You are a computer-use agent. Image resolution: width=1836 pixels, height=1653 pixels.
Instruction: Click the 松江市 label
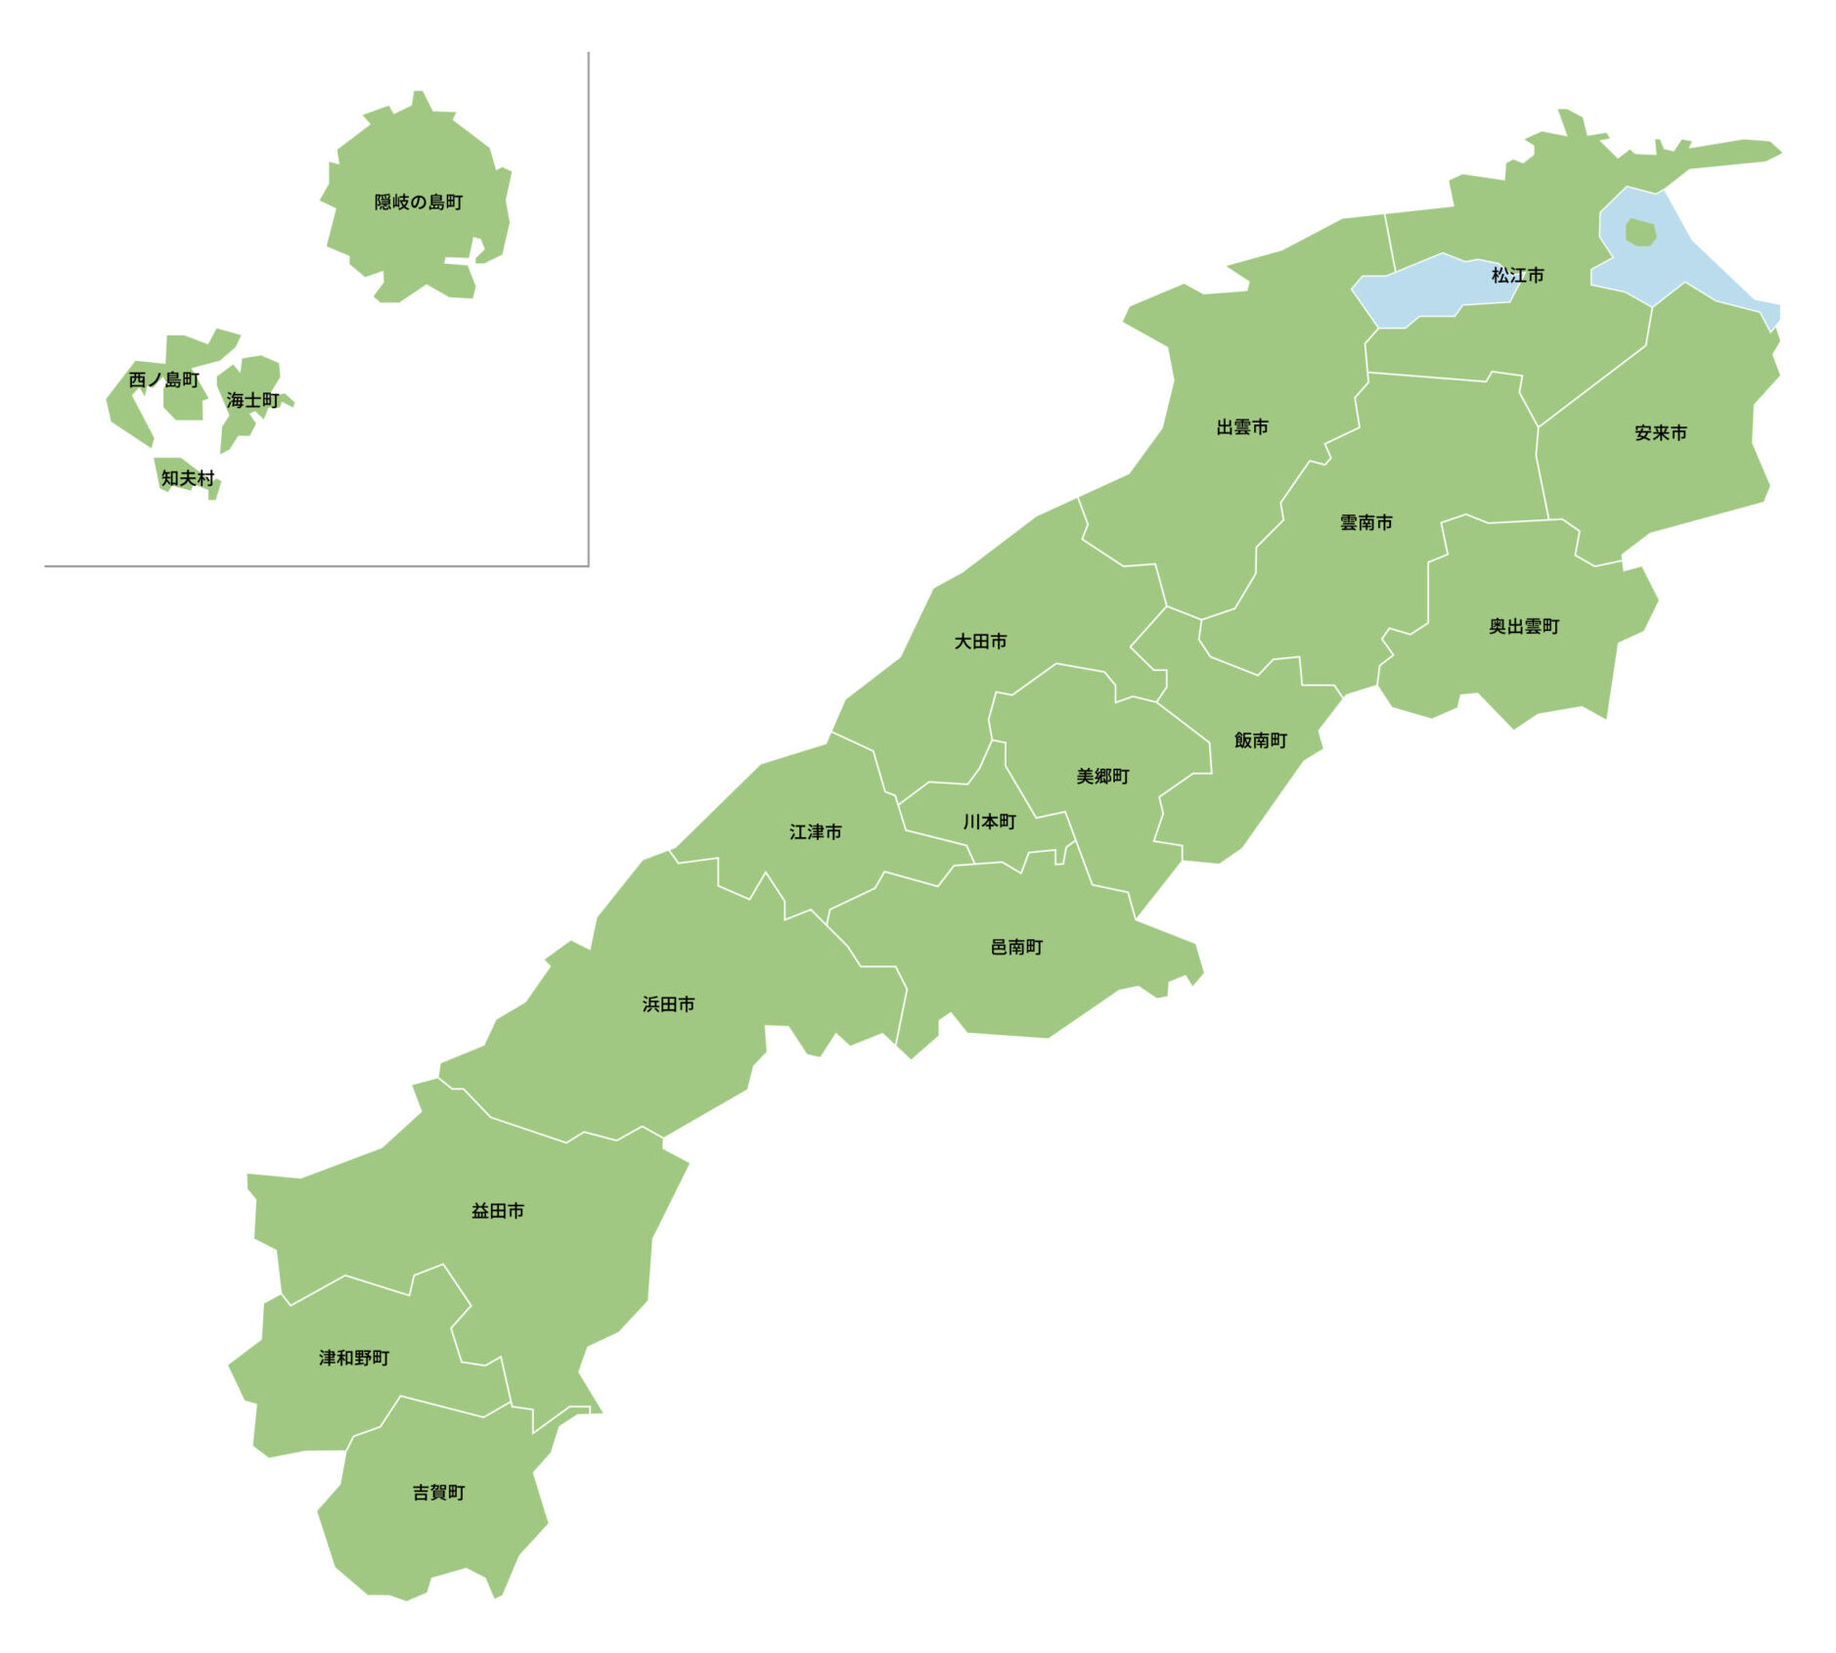coord(1517,276)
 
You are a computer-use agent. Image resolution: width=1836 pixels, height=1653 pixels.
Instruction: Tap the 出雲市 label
coord(1242,427)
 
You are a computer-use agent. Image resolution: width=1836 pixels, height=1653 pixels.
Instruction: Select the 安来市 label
coord(1661,433)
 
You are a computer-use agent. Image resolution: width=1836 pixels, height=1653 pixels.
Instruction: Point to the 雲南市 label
coord(1366,523)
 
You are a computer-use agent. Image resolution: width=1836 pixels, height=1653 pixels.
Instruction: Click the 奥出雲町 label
coord(1524,627)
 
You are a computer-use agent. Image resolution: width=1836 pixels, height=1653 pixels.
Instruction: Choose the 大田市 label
coord(980,642)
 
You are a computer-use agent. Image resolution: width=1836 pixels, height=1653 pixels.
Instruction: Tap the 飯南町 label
coord(1261,740)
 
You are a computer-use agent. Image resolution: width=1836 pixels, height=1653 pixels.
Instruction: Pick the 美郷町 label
coord(1102,777)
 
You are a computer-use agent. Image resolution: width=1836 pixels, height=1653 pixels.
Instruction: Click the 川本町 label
coord(989,823)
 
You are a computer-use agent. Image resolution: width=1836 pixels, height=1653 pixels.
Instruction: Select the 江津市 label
coord(815,832)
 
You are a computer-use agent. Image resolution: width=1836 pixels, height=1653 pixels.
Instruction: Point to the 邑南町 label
coord(1016,948)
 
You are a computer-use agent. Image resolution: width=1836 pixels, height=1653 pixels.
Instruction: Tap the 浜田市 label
coord(668,1005)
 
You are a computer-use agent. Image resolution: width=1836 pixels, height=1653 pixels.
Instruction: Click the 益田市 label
coord(498,1211)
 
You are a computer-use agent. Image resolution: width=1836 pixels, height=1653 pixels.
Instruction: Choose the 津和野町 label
coord(354,1358)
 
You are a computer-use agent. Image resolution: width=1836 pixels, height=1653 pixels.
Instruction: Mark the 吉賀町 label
coord(438,1493)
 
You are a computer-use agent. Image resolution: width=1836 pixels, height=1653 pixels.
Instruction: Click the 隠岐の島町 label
coord(419,202)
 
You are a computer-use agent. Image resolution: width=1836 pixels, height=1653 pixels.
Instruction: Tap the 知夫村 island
coord(186,477)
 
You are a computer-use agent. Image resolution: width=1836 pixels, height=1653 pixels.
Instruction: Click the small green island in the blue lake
coord(1640,233)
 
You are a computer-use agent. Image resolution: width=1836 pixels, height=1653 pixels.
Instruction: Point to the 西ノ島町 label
coord(163,380)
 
